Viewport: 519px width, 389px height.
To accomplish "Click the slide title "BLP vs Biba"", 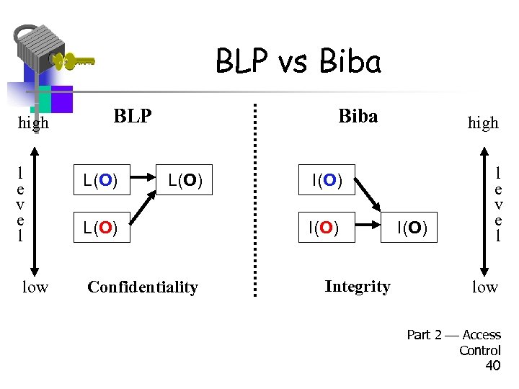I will tap(298, 62).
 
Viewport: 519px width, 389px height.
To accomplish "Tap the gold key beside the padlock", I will tap(74, 61).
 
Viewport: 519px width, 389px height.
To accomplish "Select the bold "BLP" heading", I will tap(133, 116).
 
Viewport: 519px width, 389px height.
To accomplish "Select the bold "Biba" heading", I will tap(358, 116).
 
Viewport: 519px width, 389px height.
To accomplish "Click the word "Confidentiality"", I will tap(142, 287).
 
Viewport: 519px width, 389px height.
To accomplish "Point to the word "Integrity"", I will tap(358, 286).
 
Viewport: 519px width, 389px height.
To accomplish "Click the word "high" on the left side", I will tap(33, 122).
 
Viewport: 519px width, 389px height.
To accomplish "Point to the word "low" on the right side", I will tap(484, 287).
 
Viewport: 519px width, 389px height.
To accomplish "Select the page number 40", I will tap(492, 365).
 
